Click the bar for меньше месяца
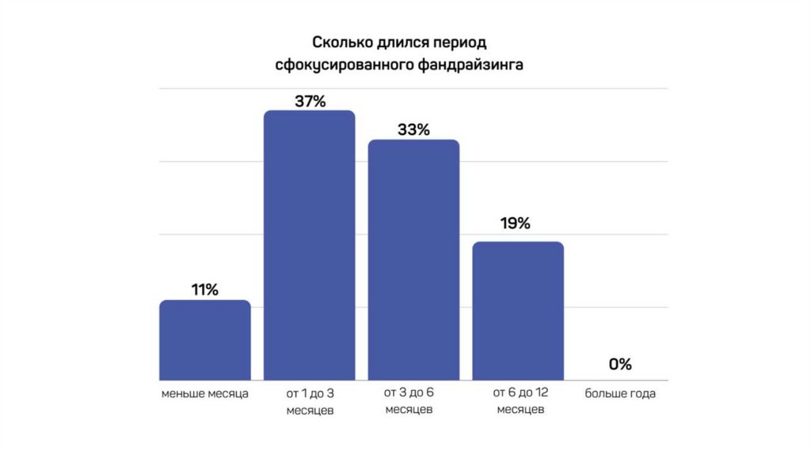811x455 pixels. pyautogui.click(x=205, y=340)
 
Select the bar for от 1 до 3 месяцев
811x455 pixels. pyautogui.click(x=309, y=245)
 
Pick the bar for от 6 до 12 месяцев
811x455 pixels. pyautogui.click(x=518, y=311)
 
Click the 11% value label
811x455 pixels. pyautogui.click(x=204, y=290)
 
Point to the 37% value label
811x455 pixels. pyautogui.click(x=309, y=101)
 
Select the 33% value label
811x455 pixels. pyautogui.click(x=413, y=130)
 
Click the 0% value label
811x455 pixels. pyautogui.click(x=620, y=365)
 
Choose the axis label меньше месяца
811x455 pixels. pyautogui.click(x=205, y=393)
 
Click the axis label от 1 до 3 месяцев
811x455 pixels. pyautogui.click(x=310, y=401)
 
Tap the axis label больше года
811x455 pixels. pyautogui.click(x=620, y=393)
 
